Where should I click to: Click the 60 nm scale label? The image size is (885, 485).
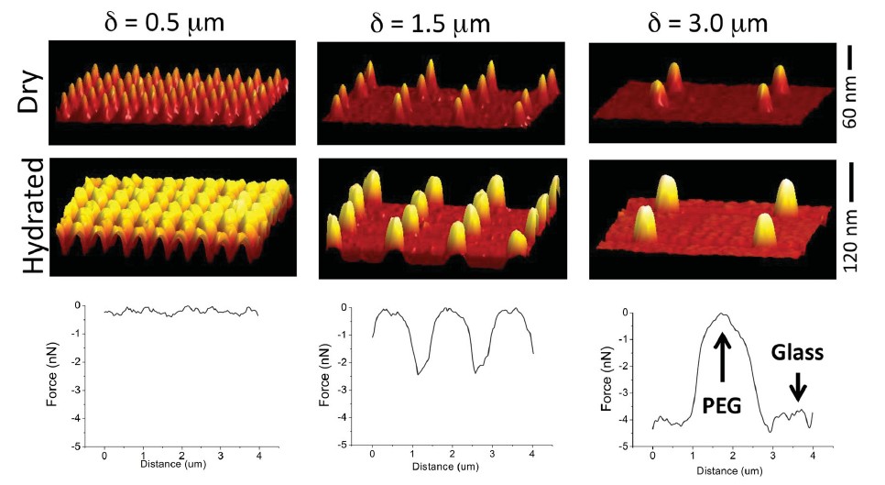click(851, 108)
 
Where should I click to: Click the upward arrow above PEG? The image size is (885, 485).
click(722, 353)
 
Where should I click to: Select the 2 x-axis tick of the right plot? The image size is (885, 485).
click(730, 456)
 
